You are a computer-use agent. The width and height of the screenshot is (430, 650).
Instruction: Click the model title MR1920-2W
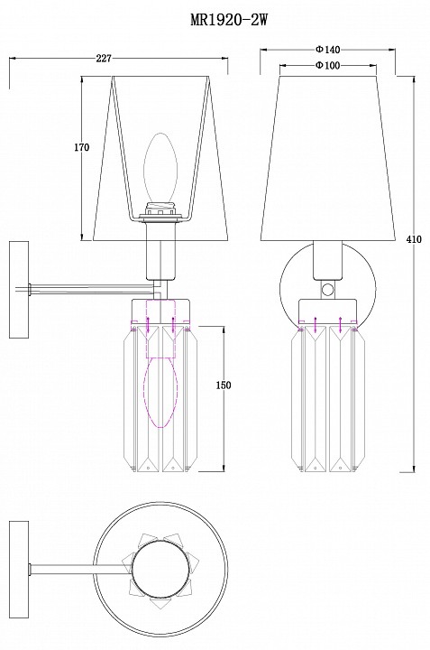point(229,19)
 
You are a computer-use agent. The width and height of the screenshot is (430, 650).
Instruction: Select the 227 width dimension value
point(104,59)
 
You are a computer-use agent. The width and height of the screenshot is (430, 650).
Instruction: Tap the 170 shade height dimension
point(81,147)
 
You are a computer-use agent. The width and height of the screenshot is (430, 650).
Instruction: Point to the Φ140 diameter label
point(328,50)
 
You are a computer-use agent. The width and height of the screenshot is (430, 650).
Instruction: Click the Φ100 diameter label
point(328,66)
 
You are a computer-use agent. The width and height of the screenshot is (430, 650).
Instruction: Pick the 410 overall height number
point(414,239)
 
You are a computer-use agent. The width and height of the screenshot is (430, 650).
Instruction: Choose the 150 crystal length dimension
point(224,385)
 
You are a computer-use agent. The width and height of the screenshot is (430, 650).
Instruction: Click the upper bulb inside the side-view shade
point(160,168)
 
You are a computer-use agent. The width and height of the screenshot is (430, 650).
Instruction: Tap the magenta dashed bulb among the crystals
point(160,392)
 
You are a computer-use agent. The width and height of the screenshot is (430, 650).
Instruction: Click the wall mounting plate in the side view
point(19,290)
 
